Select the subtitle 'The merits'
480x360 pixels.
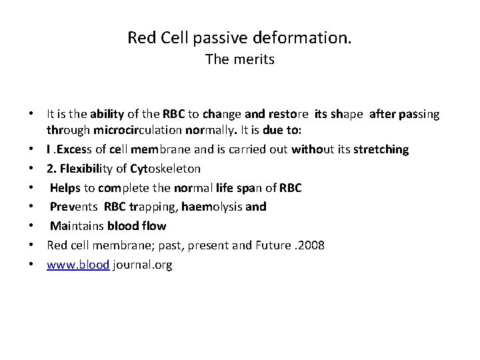pos(239,61)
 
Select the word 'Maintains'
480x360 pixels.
pos(76,226)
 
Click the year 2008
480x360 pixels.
pos(311,245)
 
